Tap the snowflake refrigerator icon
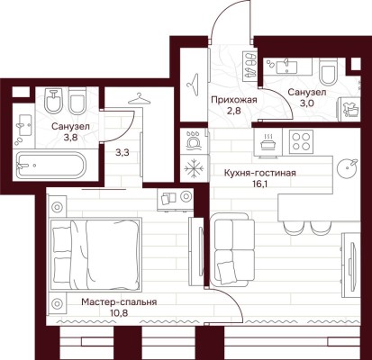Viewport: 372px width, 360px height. coord(194,167)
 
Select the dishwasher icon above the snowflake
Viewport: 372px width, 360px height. coord(194,140)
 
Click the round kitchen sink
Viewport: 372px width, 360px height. coord(346,169)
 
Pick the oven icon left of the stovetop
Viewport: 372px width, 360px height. coord(269,139)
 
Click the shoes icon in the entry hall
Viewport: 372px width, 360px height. coord(247,69)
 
